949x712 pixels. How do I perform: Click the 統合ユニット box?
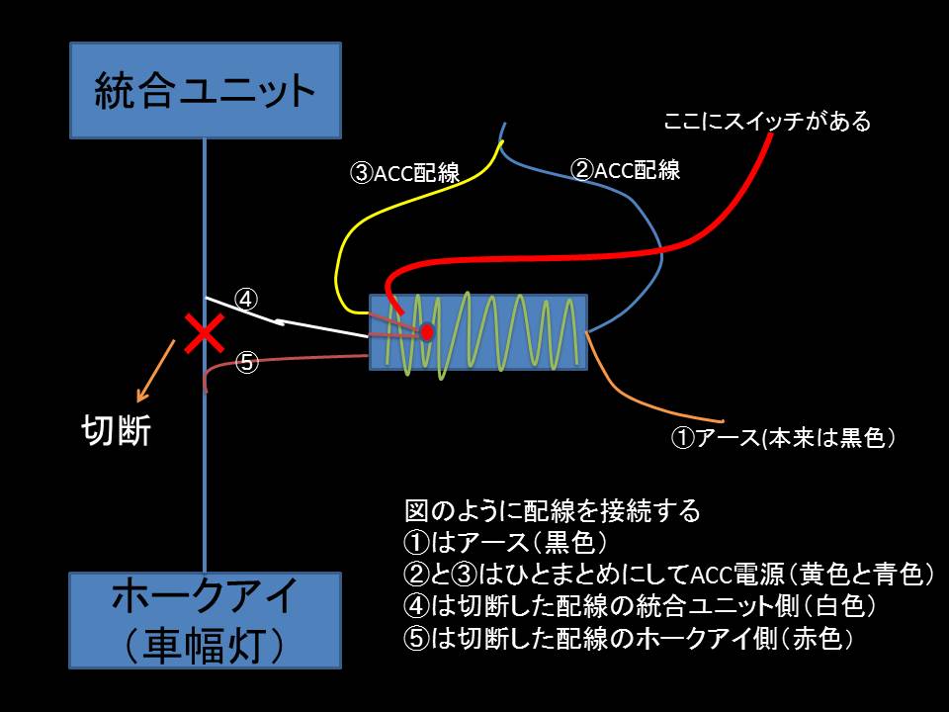tap(206, 90)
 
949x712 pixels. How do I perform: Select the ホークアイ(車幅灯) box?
tap(206, 620)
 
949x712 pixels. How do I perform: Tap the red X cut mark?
tap(206, 334)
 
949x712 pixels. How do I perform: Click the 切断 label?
tap(116, 431)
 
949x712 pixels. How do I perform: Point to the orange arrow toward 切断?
tap(159, 363)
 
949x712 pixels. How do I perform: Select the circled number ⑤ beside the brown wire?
tap(247, 362)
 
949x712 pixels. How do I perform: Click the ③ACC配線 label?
tap(405, 174)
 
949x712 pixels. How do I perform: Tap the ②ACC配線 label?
tap(626, 169)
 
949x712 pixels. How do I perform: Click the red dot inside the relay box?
tap(427, 332)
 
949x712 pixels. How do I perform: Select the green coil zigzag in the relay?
tap(494, 332)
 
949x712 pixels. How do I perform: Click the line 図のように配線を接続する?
tap(553, 510)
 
